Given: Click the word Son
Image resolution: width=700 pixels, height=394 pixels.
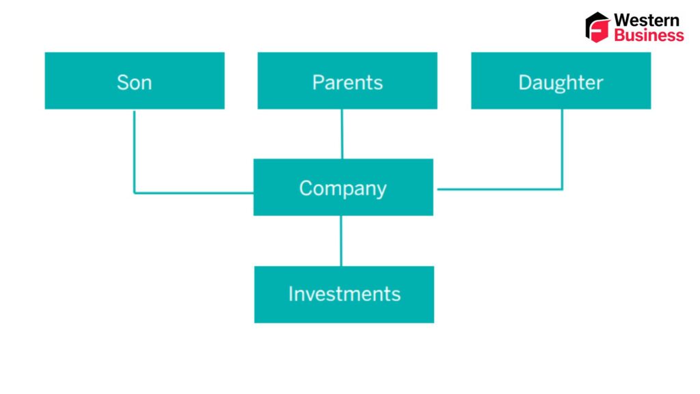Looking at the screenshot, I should click(x=134, y=83).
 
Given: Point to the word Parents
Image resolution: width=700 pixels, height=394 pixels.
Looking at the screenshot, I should click(x=347, y=83).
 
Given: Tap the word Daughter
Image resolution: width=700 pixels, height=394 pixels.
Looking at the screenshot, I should click(x=561, y=83).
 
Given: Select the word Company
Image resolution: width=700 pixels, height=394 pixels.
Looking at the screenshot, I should click(x=343, y=189).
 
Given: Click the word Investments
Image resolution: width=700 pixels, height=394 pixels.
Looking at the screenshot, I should click(x=344, y=294).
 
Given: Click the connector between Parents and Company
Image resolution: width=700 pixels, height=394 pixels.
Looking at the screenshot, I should click(x=342, y=133).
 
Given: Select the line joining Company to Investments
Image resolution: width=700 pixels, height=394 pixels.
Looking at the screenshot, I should click(x=341, y=241).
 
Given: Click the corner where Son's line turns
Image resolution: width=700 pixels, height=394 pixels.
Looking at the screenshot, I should click(x=135, y=193).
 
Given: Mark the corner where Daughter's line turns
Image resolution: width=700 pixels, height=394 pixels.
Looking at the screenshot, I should click(x=562, y=189).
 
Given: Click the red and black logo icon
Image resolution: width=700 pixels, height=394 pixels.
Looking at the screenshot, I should click(x=597, y=27).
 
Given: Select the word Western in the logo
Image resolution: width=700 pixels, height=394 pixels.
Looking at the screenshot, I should click(x=647, y=20).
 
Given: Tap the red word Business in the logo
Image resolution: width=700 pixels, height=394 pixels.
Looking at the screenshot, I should click(x=648, y=36).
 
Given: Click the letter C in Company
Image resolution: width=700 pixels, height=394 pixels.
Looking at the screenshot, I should click(x=306, y=188).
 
